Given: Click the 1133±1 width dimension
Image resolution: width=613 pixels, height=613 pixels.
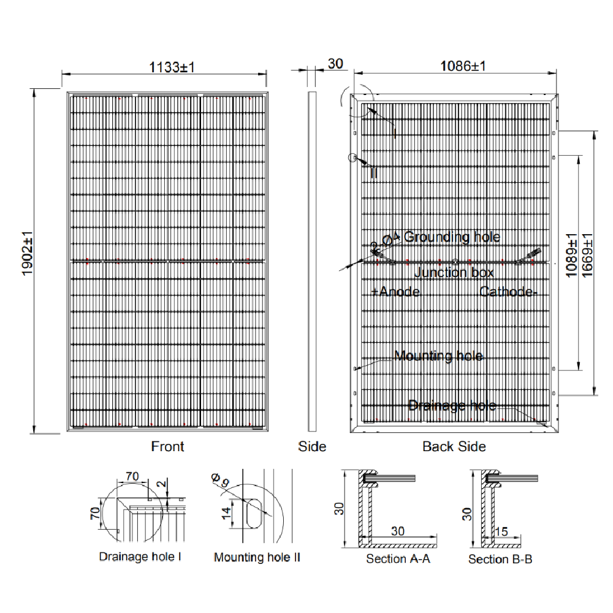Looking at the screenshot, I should point(172,67).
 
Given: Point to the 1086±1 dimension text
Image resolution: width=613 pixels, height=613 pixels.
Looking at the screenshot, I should point(463,66).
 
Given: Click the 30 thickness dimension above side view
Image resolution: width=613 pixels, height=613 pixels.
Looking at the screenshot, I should point(335,64).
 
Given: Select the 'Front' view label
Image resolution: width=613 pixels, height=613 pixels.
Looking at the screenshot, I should point(167,447).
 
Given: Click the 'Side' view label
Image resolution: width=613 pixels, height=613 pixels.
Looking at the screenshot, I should point(312,447).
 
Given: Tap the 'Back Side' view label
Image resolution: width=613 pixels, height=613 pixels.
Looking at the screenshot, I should point(454,447).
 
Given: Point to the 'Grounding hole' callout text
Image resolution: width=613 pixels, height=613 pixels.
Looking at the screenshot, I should point(452,237).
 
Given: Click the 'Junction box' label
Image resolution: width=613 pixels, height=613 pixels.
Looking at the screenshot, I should point(454,273).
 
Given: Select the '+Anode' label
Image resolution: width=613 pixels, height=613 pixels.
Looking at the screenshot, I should point(395,292).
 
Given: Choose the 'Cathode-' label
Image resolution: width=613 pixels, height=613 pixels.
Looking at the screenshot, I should point(508,292).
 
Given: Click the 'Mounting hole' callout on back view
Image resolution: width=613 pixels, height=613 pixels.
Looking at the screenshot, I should point(438,356).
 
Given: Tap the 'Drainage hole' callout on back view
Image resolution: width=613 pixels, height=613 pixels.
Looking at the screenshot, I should point(452,405).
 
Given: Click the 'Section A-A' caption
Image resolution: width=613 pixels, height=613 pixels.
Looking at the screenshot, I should point(398,559).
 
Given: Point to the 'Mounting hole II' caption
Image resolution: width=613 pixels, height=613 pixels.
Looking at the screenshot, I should point(257,557).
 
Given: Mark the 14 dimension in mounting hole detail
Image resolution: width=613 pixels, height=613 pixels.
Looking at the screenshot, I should point(225,513).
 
